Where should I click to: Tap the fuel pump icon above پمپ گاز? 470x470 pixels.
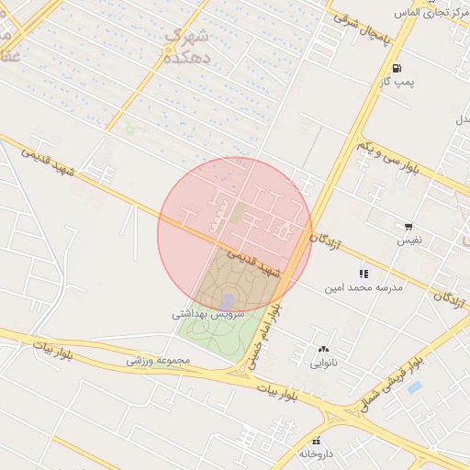(397, 68)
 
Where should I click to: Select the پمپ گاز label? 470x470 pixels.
(397, 84)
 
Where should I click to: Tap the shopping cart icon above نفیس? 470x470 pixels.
(408, 226)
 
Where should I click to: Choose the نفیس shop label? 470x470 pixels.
(408, 241)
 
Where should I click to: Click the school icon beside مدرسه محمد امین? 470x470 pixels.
(364, 273)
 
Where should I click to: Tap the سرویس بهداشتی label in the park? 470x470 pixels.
(208, 314)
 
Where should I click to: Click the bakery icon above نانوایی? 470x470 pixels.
(323, 349)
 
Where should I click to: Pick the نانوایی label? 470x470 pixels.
(323, 363)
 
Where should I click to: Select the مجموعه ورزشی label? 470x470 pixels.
(158, 361)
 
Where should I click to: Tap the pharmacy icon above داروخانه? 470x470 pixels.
(318, 441)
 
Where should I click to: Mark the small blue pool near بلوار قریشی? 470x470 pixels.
(414, 387)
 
